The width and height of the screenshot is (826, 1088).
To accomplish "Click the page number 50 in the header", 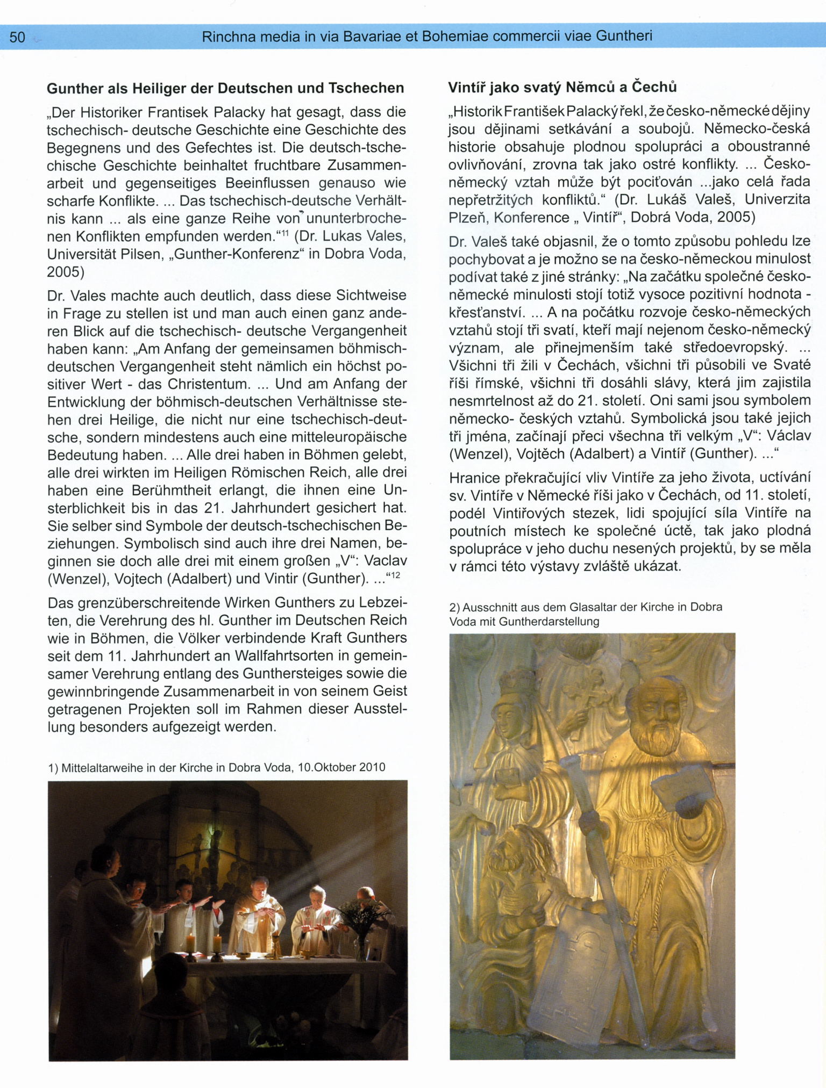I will (17, 37).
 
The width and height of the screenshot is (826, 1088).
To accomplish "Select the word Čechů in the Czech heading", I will (654, 87).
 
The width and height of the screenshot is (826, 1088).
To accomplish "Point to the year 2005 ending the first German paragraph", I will (63, 272).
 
